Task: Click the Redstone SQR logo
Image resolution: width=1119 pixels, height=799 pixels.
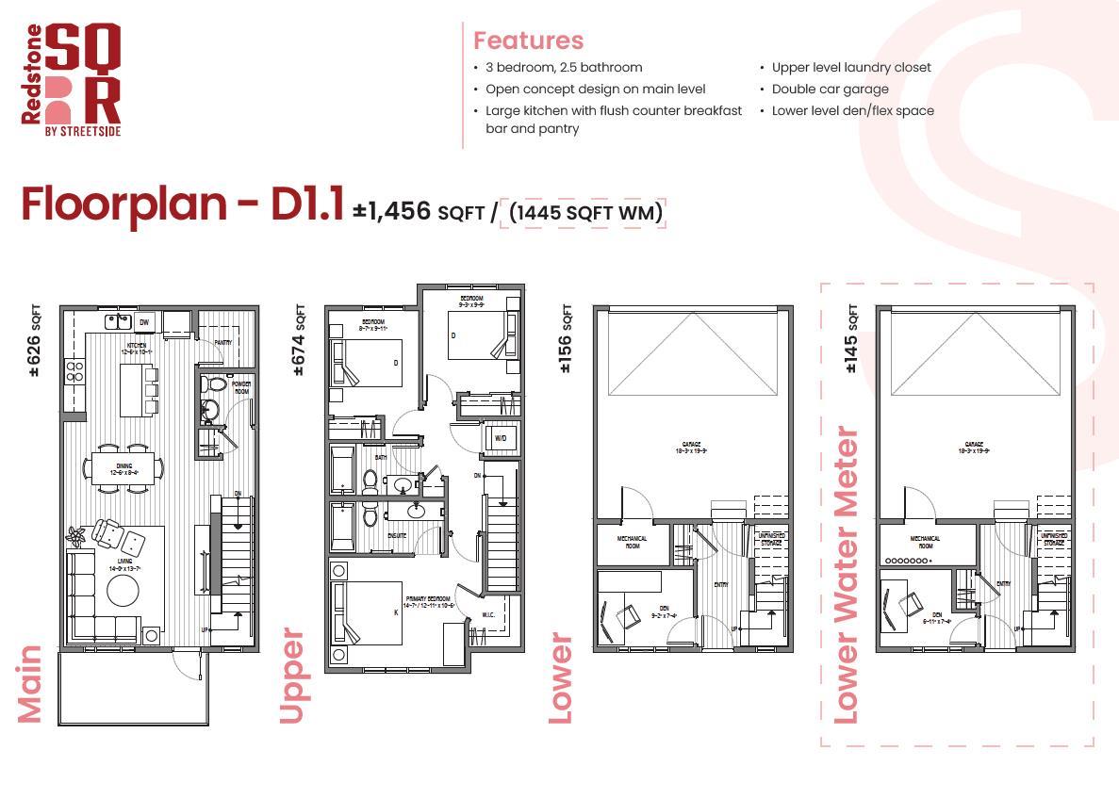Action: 72,80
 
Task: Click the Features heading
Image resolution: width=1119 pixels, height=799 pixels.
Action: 528,41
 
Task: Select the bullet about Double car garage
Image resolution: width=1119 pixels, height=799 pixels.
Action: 830,89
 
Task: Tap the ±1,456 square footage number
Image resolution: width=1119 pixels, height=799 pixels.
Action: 392,210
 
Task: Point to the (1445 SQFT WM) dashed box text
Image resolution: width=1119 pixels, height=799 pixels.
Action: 585,212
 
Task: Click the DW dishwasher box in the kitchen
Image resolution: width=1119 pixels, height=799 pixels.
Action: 144,323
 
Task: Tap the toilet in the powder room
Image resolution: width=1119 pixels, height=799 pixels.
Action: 214,384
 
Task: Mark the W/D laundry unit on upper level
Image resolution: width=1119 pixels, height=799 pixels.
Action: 500,438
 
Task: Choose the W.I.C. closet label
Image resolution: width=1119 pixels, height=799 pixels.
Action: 488,616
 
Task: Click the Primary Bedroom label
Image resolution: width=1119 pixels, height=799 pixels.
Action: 428,600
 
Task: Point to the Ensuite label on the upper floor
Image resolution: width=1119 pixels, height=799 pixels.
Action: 397,535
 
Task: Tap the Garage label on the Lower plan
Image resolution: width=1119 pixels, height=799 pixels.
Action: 692,446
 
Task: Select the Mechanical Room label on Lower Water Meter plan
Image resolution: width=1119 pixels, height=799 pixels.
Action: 925,542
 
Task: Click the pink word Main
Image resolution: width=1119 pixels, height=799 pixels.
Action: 31,684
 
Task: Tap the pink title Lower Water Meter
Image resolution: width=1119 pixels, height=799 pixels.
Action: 846,577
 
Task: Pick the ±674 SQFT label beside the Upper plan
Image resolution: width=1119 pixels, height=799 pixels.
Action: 299,340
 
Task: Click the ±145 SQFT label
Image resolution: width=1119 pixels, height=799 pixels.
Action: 851,338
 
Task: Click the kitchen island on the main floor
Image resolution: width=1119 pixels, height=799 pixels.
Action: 132,390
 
